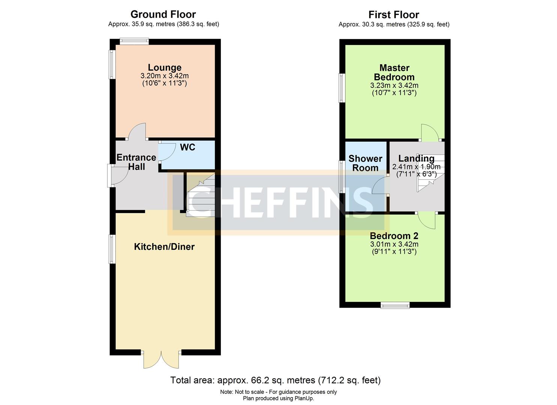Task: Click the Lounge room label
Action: (x=164, y=67)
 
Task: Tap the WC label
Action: (x=188, y=147)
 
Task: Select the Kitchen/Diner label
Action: (x=164, y=247)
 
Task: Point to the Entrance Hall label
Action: (x=136, y=162)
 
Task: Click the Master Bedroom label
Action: (x=394, y=72)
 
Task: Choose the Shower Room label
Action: (x=365, y=163)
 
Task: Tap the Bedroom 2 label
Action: (x=394, y=236)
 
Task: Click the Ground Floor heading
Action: (x=163, y=14)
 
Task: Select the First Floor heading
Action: (x=394, y=15)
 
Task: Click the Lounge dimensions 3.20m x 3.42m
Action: (x=164, y=76)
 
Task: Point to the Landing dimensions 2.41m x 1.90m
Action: (x=416, y=167)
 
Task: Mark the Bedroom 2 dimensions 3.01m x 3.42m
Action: (x=394, y=244)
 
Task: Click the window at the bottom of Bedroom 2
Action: (x=395, y=306)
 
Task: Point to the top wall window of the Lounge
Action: (x=134, y=41)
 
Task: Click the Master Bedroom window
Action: (x=342, y=88)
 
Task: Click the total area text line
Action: (x=275, y=380)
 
